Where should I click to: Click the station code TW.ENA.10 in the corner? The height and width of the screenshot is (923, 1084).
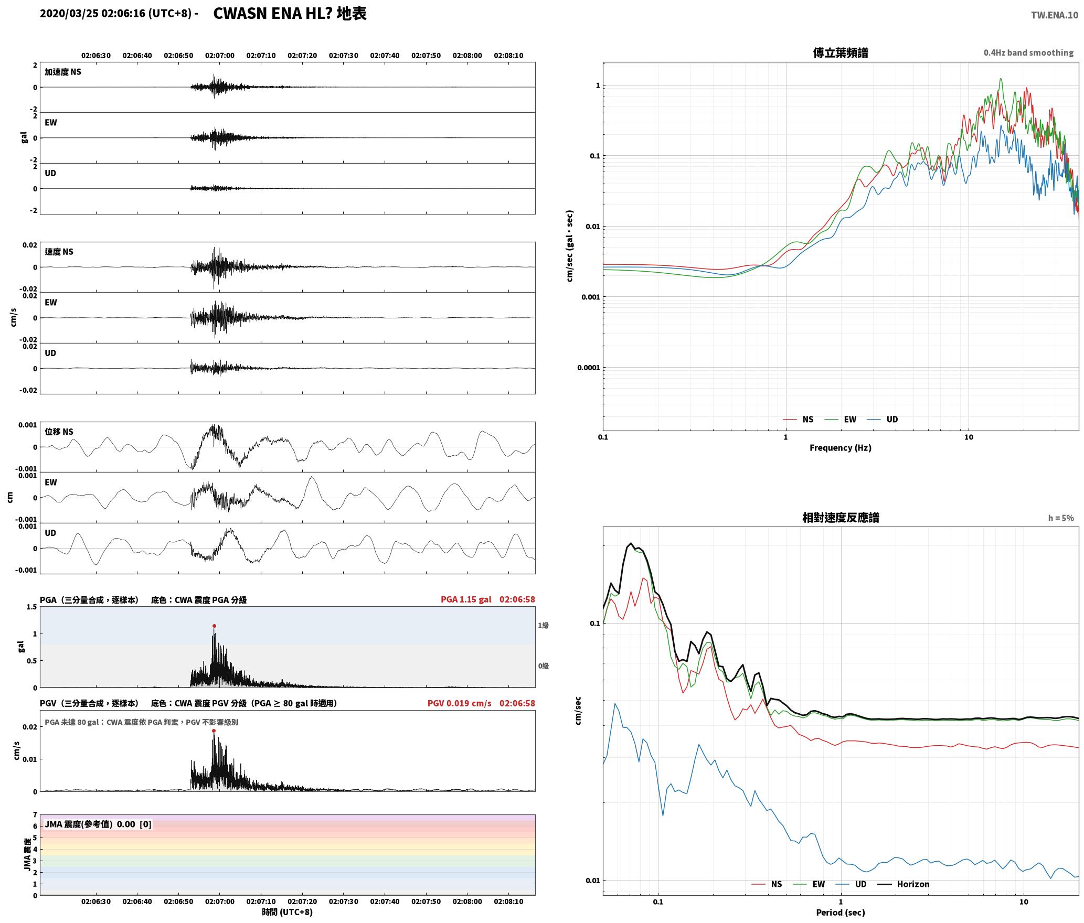pyautogui.click(x=1055, y=15)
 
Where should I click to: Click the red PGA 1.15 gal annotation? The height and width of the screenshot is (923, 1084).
pyautogui.click(x=466, y=599)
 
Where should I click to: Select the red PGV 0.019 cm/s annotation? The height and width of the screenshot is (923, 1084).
pyautogui.click(x=459, y=703)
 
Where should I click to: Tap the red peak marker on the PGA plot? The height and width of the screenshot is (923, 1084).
pyautogui.click(x=214, y=626)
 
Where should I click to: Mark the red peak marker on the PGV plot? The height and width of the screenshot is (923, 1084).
pyautogui.click(x=214, y=731)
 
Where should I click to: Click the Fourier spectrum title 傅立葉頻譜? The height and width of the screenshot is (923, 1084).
pyautogui.click(x=840, y=52)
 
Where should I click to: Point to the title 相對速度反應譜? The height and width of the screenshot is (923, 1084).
pyautogui.click(x=841, y=518)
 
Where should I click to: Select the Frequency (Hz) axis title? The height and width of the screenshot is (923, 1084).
pyautogui.click(x=840, y=448)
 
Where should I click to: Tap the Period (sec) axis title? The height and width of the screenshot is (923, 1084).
pyautogui.click(x=840, y=913)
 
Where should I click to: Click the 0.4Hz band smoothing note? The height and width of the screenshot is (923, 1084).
pyautogui.click(x=1028, y=52)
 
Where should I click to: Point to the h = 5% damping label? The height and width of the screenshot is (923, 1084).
pyautogui.click(x=1061, y=518)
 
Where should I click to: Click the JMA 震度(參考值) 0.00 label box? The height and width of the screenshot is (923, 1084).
pyautogui.click(x=98, y=824)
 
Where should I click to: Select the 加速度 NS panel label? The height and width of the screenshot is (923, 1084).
pyautogui.click(x=63, y=72)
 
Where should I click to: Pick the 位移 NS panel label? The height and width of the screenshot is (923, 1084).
pyautogui.click(x=59, y=432)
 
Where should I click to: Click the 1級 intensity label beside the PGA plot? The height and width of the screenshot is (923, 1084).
pyautogui.click(x=543, y=625)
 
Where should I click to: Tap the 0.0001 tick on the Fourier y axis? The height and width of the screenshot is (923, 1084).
pyautogui.click(x=588, y=368)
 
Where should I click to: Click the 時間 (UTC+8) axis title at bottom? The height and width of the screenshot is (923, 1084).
pyautogui.click(x=287, y=912)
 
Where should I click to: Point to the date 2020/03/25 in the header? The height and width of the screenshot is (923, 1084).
pyautogui.click(x=69, y=14)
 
